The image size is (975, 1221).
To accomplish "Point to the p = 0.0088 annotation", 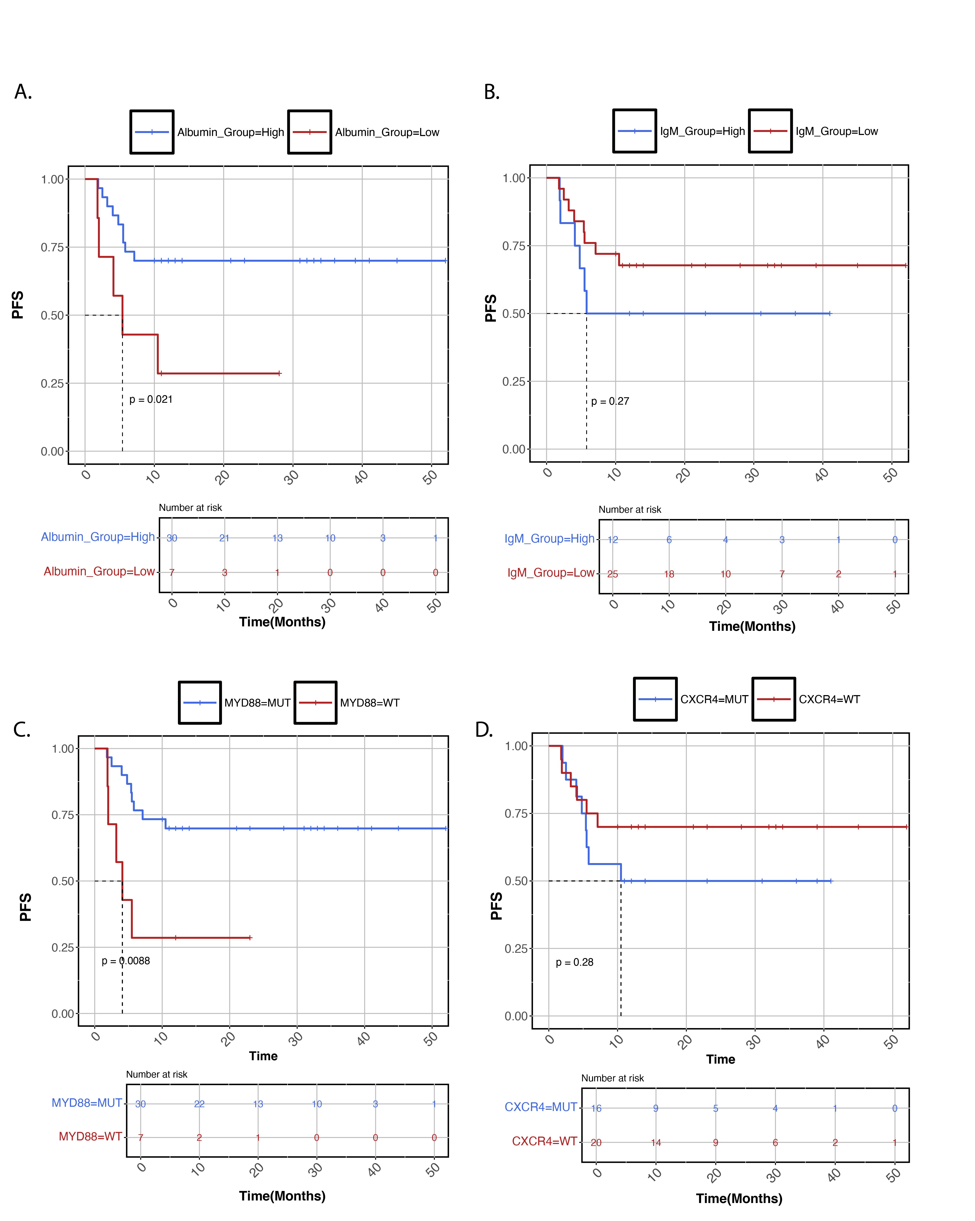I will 126,961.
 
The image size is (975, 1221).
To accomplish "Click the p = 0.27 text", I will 610,401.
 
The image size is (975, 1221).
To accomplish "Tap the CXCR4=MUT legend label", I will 714,699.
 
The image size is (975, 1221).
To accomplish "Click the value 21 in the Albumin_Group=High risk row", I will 224,538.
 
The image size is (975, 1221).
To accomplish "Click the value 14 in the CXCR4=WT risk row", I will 656,1143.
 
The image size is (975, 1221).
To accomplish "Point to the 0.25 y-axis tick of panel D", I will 516,949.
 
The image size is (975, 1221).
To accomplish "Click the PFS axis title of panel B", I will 490,308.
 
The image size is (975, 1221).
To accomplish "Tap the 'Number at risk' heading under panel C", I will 156,1074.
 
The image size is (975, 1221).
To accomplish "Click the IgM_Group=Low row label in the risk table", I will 550,573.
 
